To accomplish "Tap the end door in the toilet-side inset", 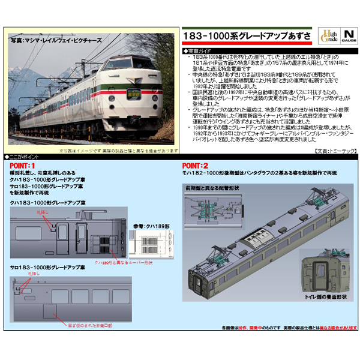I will pos(325,272).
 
